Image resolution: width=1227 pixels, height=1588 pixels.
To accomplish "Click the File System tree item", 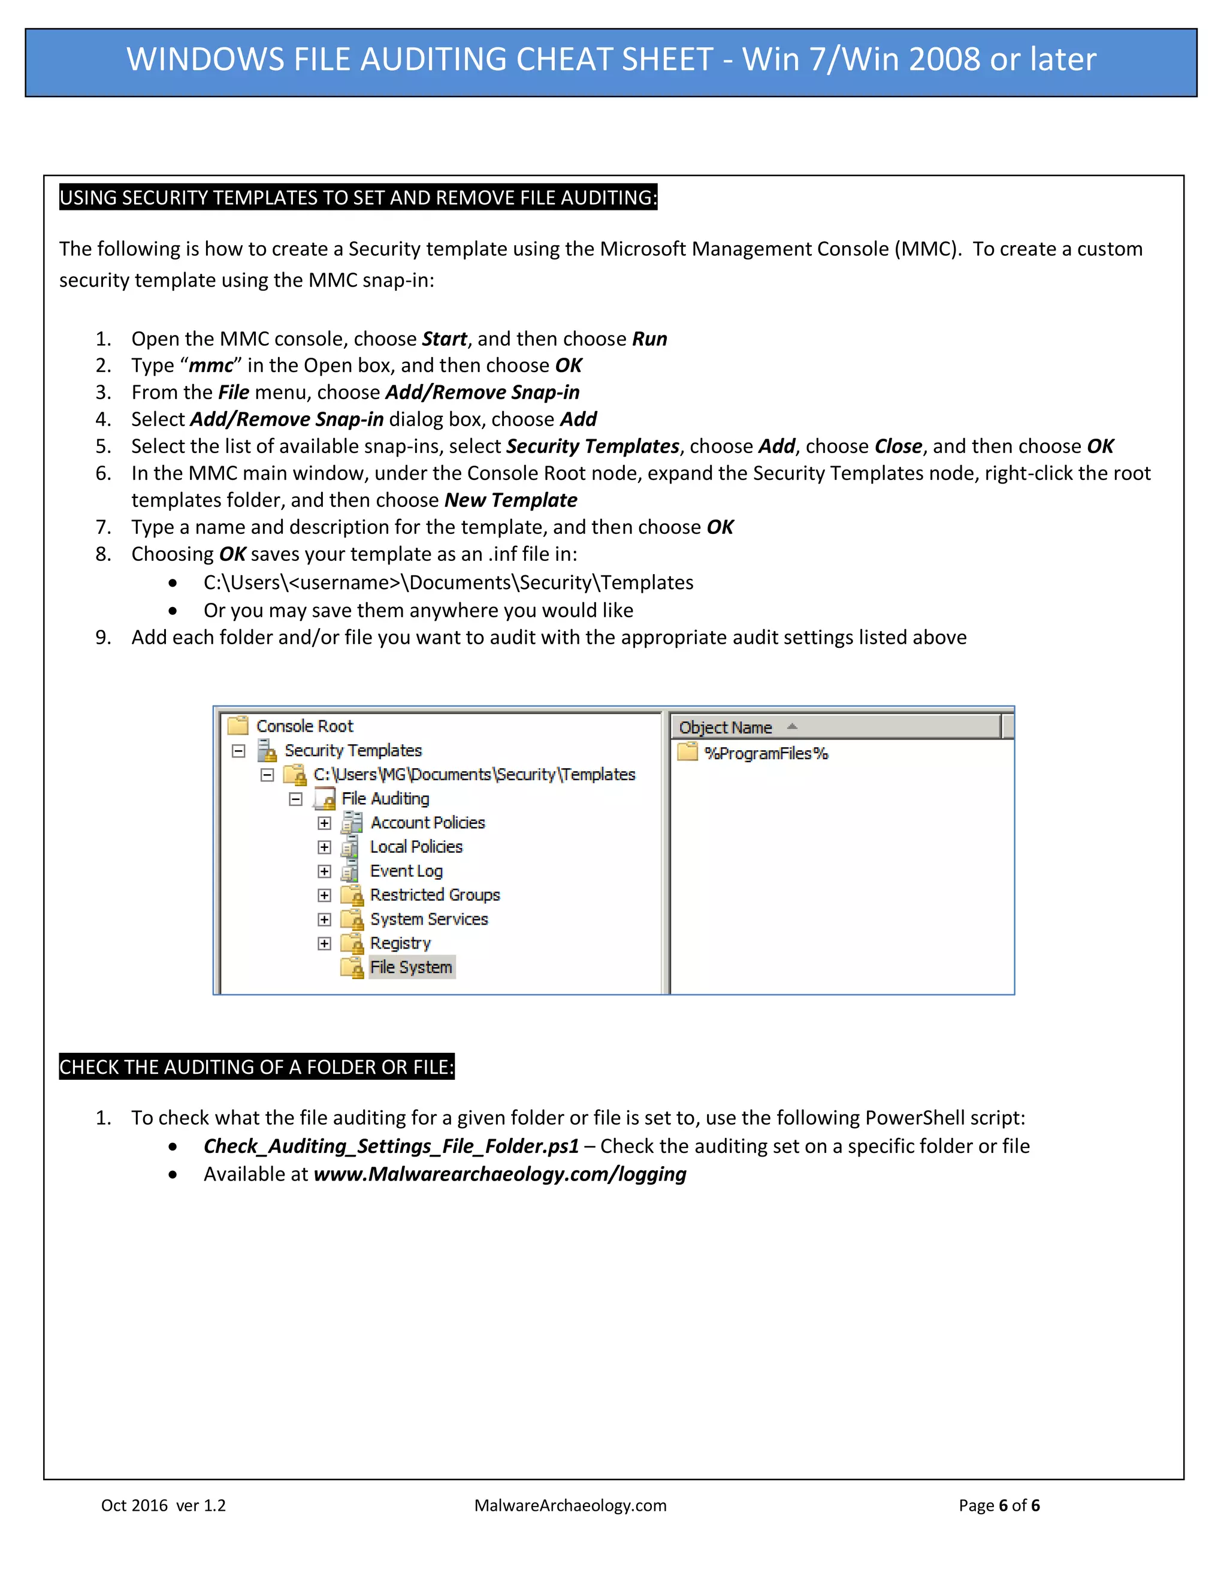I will point(410,967).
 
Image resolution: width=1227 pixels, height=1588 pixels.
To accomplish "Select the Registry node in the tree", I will point(400,943).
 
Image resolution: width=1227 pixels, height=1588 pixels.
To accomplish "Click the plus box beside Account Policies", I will point(324,823).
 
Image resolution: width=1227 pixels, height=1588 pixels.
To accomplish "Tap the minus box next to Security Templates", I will point(238,751).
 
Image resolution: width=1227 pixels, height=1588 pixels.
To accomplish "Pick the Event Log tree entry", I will point(406,871).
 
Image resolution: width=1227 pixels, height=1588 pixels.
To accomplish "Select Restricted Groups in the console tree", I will point(435,895).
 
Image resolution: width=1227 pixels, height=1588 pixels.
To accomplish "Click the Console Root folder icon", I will point(238,726).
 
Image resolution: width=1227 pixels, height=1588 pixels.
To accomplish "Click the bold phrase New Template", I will point(510,500).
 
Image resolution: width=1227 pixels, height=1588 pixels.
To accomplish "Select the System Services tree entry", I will point(429,919).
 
